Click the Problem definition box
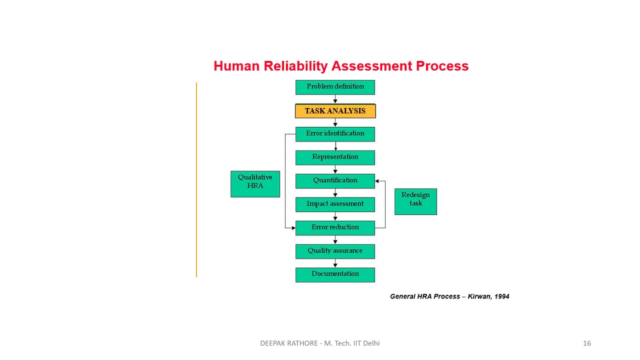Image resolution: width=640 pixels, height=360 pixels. [x=335, y=87]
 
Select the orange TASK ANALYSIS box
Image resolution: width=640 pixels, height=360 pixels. [x=335, y=111]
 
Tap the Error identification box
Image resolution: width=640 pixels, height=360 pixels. [x=335, y=134]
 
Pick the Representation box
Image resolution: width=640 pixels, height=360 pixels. [x=335, y=157]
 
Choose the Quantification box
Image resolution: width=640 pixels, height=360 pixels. [x=335, y=181]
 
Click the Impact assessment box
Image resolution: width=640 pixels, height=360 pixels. [x=335, y=204]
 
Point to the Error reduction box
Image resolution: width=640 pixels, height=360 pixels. [x=335, y=228]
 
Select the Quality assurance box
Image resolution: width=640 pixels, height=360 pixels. [x=335, y=251]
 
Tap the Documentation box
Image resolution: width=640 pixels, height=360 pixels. [x=335, y=274]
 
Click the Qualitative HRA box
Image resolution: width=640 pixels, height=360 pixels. [x=255, y=183]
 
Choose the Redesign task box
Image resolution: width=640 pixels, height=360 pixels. [x=415, y=201]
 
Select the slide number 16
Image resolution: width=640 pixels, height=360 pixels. [x=586, y=343]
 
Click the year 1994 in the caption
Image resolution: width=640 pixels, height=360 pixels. [x=501, y=296]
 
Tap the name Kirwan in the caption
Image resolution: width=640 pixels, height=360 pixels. [x=479, y=296]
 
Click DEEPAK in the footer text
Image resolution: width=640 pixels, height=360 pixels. [x=273, y=343]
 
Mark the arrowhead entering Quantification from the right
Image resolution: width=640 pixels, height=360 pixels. [x=377, y=181]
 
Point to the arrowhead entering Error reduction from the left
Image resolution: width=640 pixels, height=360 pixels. [x=293, y=228]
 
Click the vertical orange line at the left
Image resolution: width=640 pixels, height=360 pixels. [x=196, y=180]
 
